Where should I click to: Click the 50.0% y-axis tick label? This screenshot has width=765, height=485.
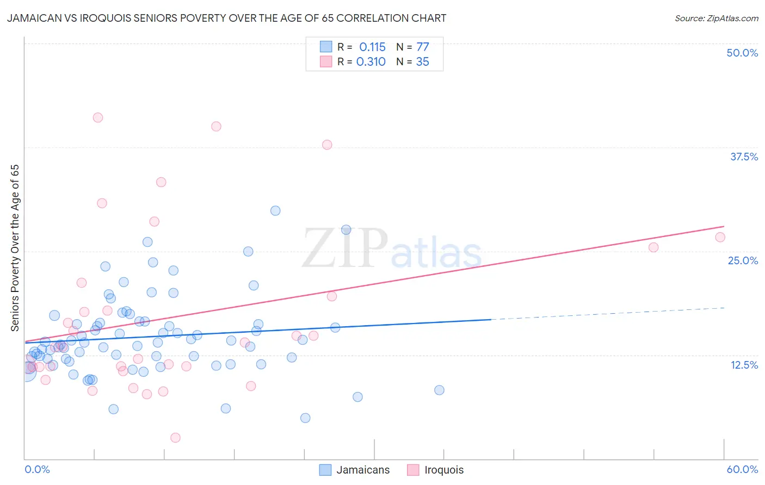click(x=742, y=53)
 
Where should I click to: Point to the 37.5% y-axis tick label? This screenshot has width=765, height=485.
click(x=744, y=157)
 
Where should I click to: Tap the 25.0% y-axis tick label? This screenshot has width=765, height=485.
click(x=743, y=260)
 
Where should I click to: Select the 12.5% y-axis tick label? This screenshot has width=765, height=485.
click(x=744, y=365)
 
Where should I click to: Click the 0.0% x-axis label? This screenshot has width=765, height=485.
click(x=37, y=469)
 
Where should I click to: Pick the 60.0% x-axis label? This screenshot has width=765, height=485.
click(x=742, y=469)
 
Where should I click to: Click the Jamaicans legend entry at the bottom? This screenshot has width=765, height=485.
click(x=362, y=470)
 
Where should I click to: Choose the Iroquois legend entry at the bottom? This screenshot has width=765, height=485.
click(x=443, y=470)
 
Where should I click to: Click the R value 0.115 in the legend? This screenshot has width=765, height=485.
click(x=372, y=47)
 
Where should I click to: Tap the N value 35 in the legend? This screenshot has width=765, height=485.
click(x=423, y=62)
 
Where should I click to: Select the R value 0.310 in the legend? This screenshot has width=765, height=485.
click(x=371, y=62)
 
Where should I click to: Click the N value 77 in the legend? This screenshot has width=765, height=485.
click(x=423, y=47)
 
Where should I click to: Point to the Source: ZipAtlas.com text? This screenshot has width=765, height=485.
click(x=716, y=18)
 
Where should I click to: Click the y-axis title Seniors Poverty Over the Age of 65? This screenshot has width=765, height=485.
click(x=15, y=248)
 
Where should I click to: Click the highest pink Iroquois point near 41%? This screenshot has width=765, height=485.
click(x=98, y=117)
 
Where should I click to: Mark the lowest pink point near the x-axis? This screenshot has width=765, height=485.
click(x=175, y=438)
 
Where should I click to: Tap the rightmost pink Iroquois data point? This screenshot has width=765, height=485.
click(x=720, y=237)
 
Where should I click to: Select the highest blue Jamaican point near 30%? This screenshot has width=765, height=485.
click(x=275, y=210)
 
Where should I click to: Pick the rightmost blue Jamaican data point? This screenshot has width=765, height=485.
click(x=439, y=390)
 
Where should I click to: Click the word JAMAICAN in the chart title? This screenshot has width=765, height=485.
click(x=33, y=18)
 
